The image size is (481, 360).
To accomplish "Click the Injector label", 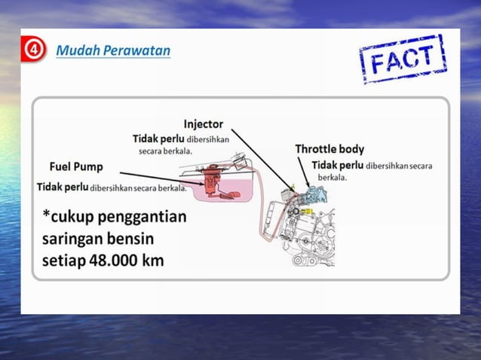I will coord(204,124).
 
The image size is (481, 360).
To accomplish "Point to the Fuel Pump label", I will coord(76,166).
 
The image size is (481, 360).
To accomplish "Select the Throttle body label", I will coord(329,149).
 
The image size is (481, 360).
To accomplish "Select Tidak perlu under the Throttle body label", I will coord(337,165).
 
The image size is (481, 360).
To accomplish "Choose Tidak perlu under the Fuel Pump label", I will coord(63,187).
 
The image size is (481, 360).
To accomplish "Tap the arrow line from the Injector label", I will coord(260,158).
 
